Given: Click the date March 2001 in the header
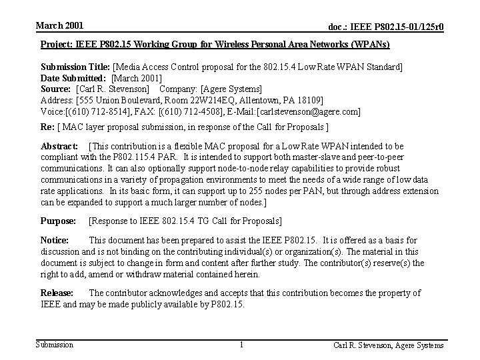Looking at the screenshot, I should click(x=59, y=25).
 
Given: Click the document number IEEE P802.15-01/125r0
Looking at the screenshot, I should click(x=386, y=27).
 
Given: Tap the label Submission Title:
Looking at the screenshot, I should click(x=76, y=67).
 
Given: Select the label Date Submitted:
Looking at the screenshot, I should click(x=73, y=78).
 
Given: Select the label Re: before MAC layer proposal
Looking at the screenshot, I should click(x=48, y=127).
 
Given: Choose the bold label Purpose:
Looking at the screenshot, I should click(x=59, y=221).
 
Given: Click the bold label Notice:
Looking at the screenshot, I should click(x=55, y=240).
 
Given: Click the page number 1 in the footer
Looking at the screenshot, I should click(x=240, y=345).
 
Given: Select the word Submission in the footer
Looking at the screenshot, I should click(x=55, y=345).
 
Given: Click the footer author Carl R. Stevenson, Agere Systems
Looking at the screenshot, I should click(x=389, y=345).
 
